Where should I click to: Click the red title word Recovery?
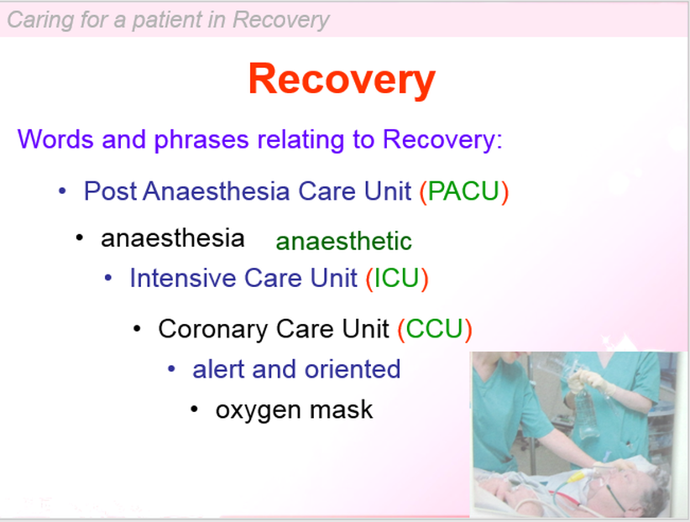(x=342, y=80)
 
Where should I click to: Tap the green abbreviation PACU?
(x=464, y=191)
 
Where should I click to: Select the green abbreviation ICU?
(x=396, y=278)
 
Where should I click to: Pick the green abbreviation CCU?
(x=434, y=329)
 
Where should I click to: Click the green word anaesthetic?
(x=343, y=241)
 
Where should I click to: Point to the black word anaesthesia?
(x=173, y=238)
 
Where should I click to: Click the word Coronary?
(x=212, y=330)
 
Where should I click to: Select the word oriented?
(x=353, y=368)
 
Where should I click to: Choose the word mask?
(x=341, y=409)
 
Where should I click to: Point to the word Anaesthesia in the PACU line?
(x=216, y=191)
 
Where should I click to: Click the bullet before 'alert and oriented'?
(x=171, y=368)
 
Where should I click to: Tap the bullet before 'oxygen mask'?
(x=195, y=410)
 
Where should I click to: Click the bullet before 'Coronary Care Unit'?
(x=138, y=329)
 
